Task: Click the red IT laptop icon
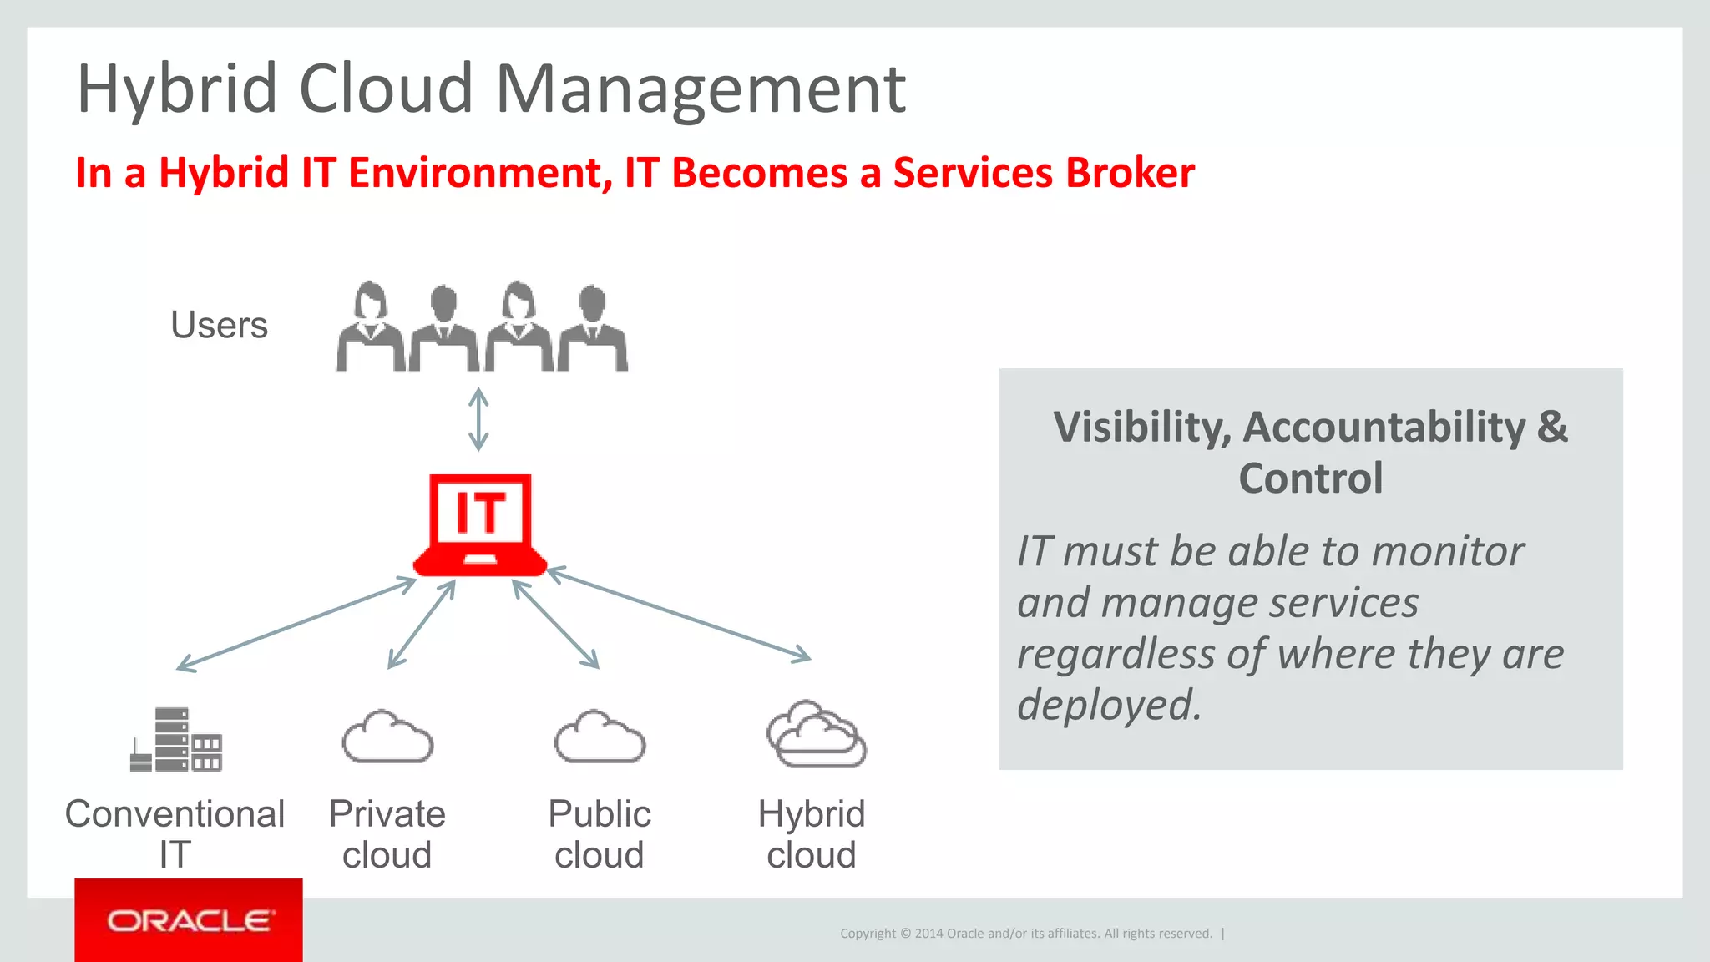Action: coord(480,524)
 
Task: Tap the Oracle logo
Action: coord(189,920)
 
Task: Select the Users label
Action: coord(219,325)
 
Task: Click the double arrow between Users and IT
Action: coord(478,419)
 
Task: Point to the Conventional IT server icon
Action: coord(177,740)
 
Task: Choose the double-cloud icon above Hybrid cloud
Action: coord(816,735)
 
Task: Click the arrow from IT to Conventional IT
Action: coord(296,624)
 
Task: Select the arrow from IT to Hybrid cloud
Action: coord(678,615)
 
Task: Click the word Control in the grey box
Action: coord(1310,478)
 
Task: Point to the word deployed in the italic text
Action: coord(1109,704)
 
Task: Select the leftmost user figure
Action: coord(370,327)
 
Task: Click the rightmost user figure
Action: coord(593,327)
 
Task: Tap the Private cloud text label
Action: coord(387,833)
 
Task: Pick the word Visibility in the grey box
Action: coord(1141,428)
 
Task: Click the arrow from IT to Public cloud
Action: coord(556,624)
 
